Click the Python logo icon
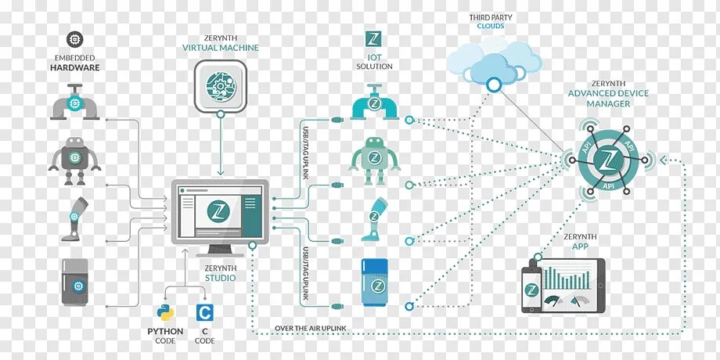(x=165, y=314)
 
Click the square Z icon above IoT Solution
(x=373, y=39)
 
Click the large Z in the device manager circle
(x=605, y=160)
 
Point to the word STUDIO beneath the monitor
(x=221, y=277)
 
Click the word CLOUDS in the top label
(x=491, y=26)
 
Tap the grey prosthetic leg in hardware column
(x=74, y=217)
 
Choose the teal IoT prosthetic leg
(x=373, y=220)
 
